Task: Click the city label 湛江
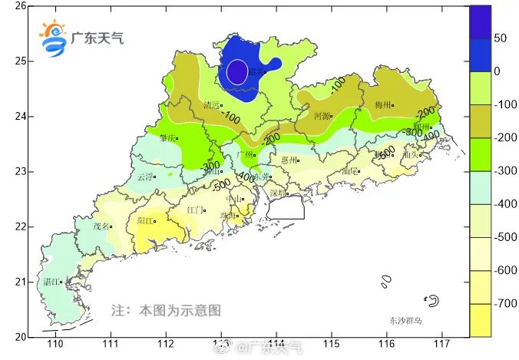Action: [51, 282]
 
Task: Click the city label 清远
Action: [211, 105]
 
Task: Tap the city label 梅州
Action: [383, 104]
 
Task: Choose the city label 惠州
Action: [289, 160]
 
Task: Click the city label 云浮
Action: [144, 176]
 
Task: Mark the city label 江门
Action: [195, 210]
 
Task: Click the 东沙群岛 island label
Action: [405, 320]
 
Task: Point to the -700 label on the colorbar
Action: [506, 304]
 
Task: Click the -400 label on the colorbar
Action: [506, 204]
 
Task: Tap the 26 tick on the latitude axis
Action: [21, 6]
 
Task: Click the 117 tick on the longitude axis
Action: [441, 345]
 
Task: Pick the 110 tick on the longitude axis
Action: [55, 345]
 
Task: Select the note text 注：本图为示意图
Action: [166, 311]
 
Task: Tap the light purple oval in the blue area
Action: [237, 71]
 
